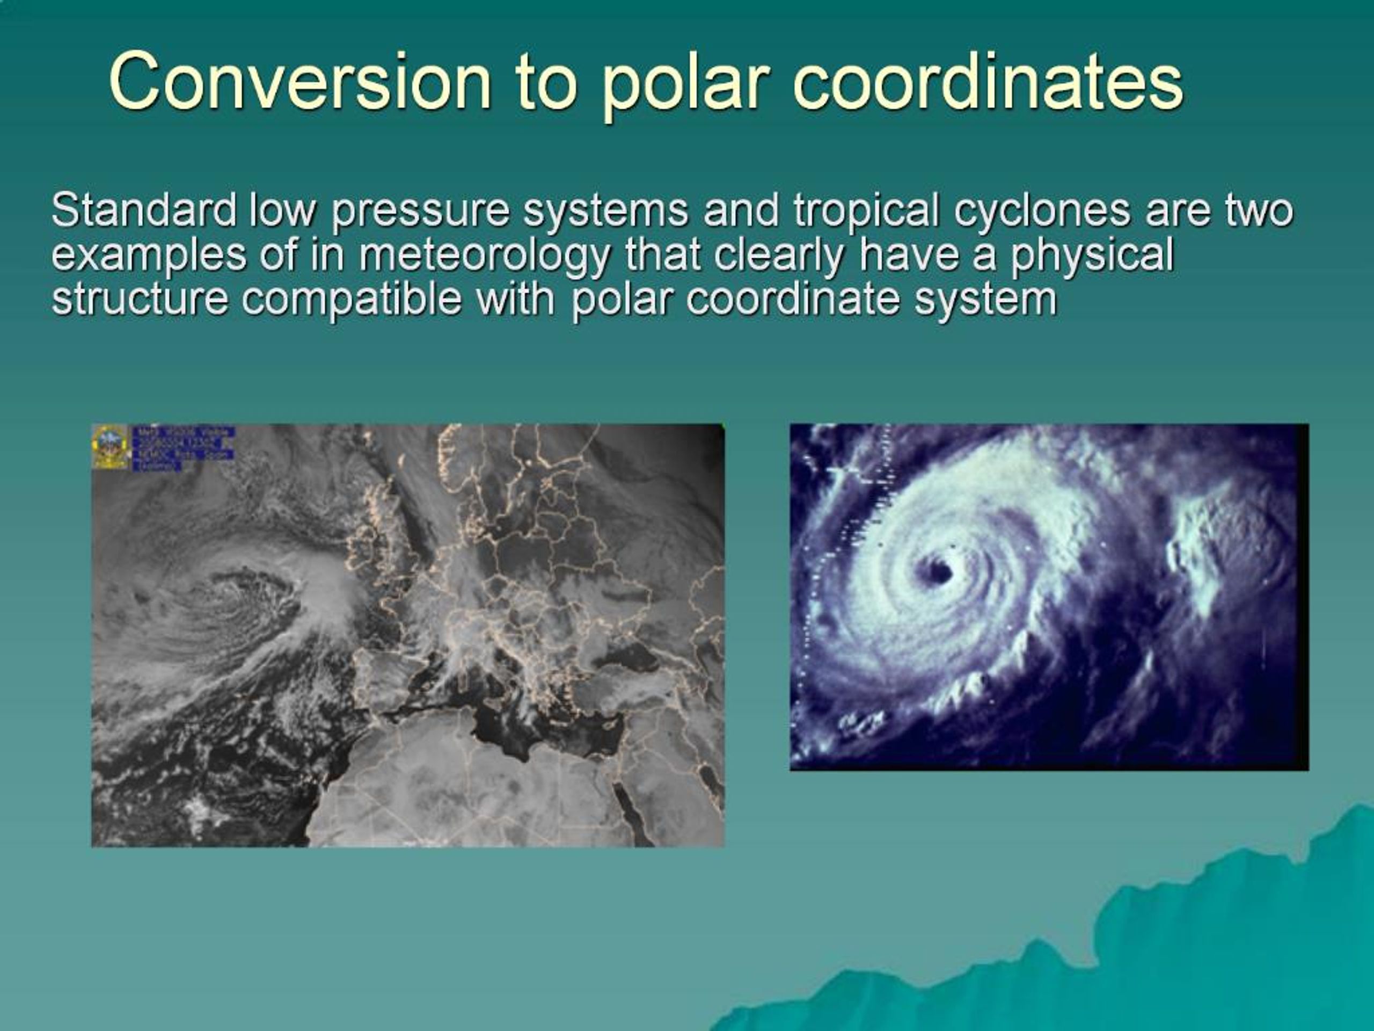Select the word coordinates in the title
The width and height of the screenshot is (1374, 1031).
tap(988, 82)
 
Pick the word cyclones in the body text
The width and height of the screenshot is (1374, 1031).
tap(1042, 211)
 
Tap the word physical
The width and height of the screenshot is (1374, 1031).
tap(1091, 256)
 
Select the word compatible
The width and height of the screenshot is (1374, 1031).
tap(352, 300)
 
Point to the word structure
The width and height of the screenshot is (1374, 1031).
tap(140, 300)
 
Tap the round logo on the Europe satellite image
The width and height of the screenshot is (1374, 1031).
tap(110, 446)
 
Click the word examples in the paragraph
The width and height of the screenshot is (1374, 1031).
tap(149, 256)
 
